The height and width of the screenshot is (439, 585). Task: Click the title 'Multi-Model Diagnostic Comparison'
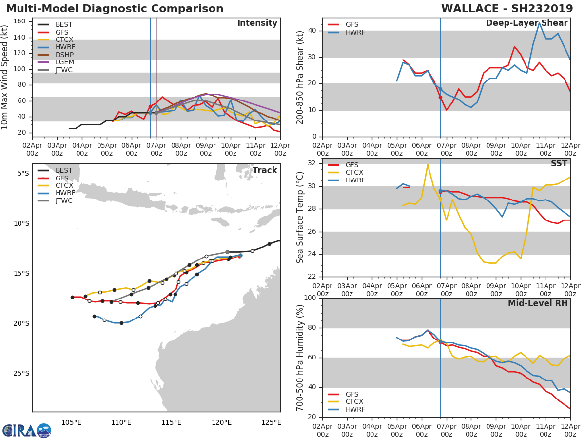tap(115, 9)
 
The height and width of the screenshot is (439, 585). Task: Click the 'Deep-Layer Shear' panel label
tap(526, 23)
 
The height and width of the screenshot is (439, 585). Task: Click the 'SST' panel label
tap(559, 164)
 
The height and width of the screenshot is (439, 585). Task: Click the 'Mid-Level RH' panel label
tap(537, 303)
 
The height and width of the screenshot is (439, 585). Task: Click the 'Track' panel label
tap(264, 170)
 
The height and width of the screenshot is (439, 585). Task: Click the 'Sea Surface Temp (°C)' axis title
tap(300, 218)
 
